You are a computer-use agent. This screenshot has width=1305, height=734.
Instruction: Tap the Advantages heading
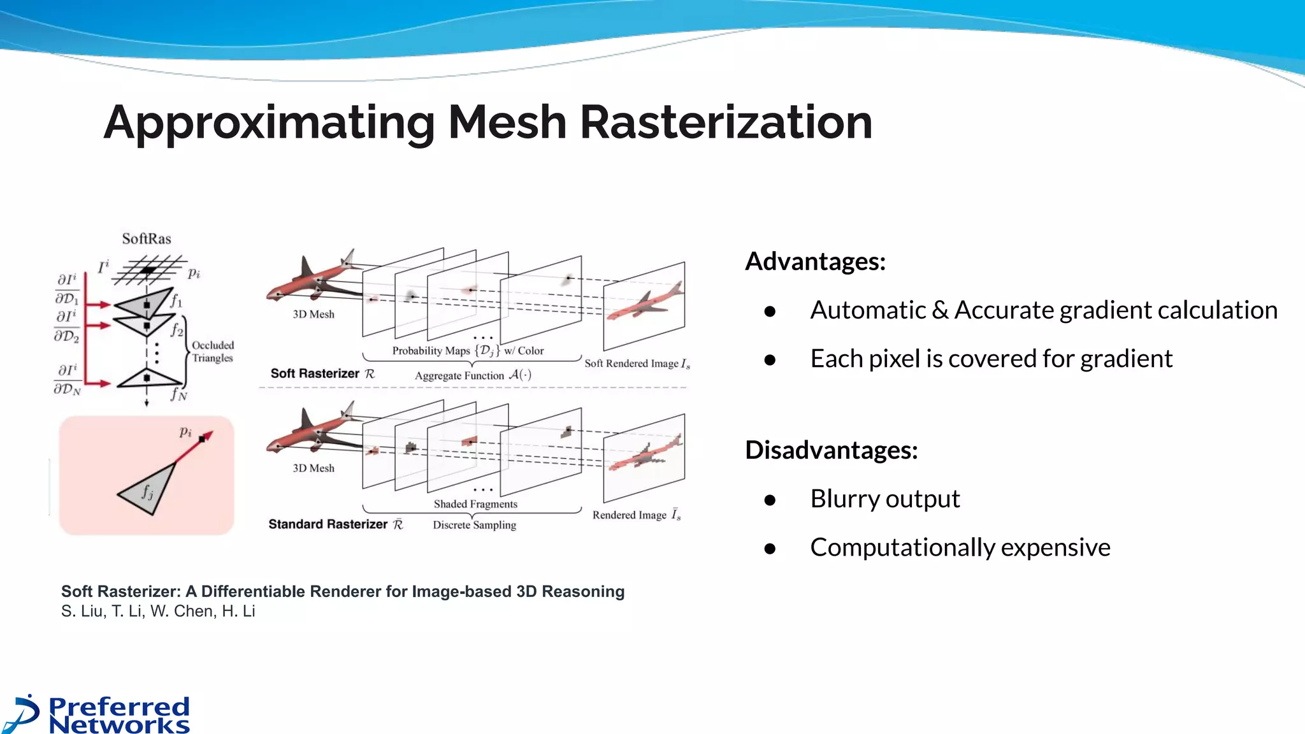815,261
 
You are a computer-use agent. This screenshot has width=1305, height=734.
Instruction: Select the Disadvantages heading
831,450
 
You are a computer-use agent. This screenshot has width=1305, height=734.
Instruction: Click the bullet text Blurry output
884,498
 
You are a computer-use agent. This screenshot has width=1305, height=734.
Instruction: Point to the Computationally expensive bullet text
960,547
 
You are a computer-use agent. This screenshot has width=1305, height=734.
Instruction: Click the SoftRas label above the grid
147,239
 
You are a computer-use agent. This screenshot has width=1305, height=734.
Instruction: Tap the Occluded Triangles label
213,352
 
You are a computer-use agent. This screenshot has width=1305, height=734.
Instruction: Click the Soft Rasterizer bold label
315,373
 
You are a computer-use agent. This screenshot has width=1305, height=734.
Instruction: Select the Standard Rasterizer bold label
328,524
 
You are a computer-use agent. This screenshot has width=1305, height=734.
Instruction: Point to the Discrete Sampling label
474,525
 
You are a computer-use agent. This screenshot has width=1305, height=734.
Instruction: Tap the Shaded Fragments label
475,504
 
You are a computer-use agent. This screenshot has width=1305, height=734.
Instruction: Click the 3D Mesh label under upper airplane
314,314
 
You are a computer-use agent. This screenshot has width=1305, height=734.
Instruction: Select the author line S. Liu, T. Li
158,611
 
